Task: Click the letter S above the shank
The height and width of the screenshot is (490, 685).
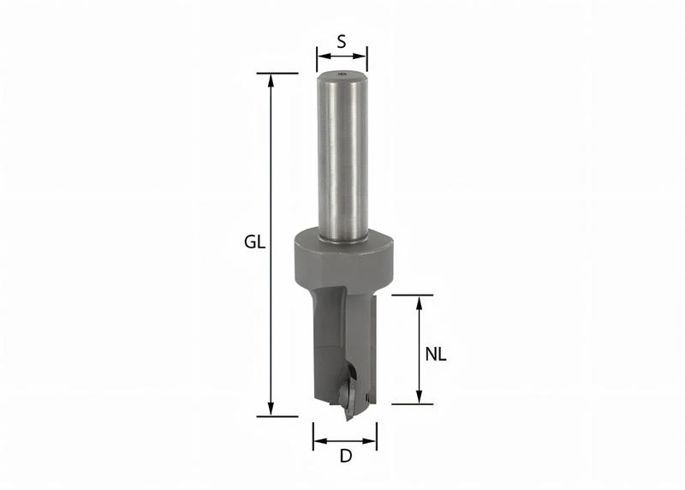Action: point(342,39)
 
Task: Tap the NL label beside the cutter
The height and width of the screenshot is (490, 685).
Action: point(437,353)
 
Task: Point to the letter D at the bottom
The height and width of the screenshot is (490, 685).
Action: point(346,457)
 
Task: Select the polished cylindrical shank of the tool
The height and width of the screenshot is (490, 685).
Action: point(342,154)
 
